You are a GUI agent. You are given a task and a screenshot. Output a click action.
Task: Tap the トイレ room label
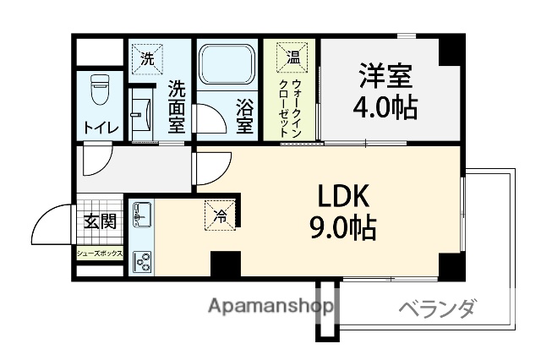pyautogui.click(x=101, y=128)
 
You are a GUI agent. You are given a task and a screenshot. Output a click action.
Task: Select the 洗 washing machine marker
pyautogui.click(x=147, y=59)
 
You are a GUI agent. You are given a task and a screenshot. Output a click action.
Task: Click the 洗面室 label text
pyautogui.click(x=176, y=106)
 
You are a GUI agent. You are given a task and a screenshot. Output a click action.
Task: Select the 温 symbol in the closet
pyautogui.click(x=292, y=58)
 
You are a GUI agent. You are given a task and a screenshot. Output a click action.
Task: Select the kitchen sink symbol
pyautogui.click(x=141, y=215)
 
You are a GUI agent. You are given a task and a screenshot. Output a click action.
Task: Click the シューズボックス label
pyautogui.click(x=100, y=254)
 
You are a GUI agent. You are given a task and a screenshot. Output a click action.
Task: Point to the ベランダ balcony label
pyautogui.click(x=436, y=308)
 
